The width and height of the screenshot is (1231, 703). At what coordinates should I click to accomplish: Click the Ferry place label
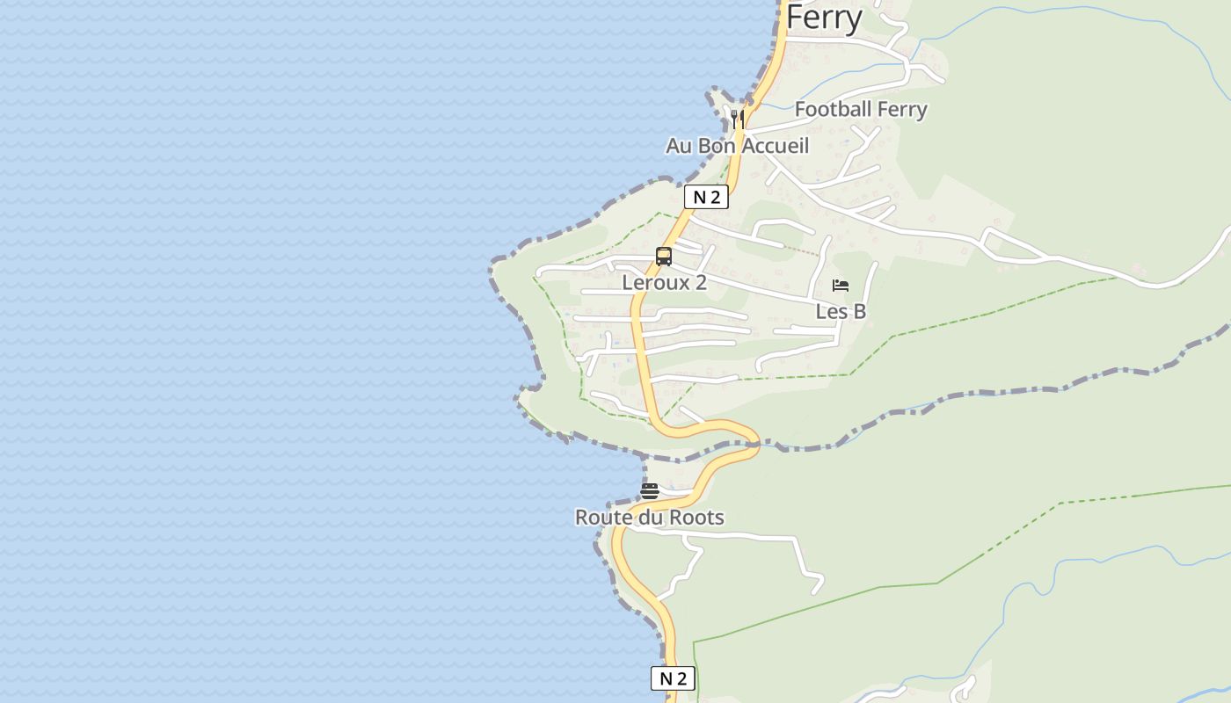[824, 18]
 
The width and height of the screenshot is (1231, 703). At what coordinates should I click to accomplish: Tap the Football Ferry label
[861, 109]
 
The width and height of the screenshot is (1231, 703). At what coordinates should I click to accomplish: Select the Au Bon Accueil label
[737, 146]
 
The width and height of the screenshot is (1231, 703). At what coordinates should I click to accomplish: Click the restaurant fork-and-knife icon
[738, 118]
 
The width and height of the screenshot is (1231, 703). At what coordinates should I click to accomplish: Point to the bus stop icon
[664, 257]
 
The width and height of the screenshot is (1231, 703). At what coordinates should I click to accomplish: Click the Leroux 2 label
[664, 282]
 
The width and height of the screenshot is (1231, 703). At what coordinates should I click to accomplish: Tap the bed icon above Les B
[841, 286]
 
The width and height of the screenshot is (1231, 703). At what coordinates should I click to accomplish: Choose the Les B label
[841, 311]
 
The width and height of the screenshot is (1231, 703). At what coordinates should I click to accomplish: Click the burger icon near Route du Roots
[650, 491]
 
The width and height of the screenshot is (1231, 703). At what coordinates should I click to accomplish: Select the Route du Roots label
[650, 518]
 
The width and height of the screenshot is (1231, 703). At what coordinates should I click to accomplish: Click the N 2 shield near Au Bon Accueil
[706, 197]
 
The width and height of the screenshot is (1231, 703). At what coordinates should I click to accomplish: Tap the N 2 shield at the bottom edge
[673, 678]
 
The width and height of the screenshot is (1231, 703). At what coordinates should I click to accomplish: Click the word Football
[833, 109]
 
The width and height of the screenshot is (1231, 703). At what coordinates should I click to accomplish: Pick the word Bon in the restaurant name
[716, 146]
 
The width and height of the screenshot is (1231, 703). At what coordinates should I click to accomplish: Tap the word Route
[604, 518]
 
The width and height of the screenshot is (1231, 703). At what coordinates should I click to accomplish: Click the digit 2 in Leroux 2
[701, 282]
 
